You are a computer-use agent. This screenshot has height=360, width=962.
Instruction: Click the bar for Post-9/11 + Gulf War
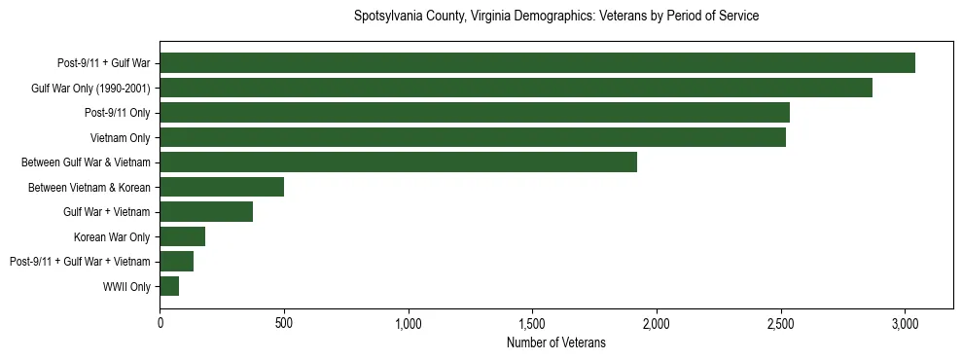tap(537, 63)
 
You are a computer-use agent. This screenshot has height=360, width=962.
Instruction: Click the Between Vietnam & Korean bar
tap(222, 187)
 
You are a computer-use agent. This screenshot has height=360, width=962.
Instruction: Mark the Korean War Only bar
tap(183, 236)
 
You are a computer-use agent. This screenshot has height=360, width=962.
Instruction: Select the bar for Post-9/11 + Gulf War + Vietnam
tap(177, 262)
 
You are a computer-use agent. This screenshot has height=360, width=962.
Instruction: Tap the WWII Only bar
tap(169, 286)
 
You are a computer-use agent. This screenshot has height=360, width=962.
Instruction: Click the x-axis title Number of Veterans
tap(556, 343)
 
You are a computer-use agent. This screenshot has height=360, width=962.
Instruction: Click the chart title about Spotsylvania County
tap(556, 17)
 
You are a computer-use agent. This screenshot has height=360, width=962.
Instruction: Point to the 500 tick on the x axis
tap(284, 323)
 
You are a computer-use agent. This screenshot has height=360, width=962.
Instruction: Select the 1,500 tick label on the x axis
tap(532, 323)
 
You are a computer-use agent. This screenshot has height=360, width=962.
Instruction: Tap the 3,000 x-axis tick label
tap(905, 323)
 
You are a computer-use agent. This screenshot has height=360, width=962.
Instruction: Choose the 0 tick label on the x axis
tap(160, 323)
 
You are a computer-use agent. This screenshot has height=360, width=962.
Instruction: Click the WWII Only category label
tap(126, 286)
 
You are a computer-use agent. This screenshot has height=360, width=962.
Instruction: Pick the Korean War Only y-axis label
tap(112, 236)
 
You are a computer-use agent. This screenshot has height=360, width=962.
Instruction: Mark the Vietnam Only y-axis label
tap(120, 137)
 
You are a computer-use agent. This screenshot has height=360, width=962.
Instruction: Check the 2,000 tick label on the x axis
tap(657, 323)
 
